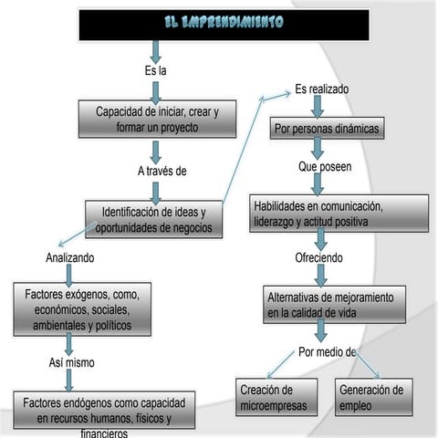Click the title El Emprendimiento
(x=223, y=22)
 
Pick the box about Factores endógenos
(x=103, y=412)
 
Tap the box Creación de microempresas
(x=273, y=397)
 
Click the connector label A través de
(x=162, y=170)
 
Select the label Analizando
(x=69, y=258)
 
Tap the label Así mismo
(x=71, y=362)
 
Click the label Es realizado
(x=321, y=89)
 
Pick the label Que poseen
(x=324, y=168)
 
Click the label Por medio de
(x=327, y=351)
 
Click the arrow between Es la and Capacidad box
(x=156, y=91)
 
